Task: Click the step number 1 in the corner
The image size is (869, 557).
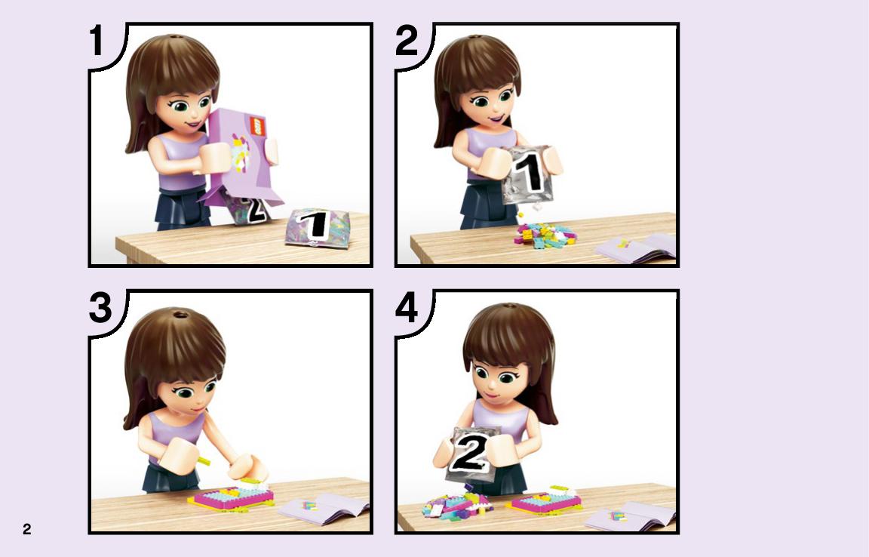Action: pos(97,41)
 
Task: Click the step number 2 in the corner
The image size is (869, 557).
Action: pos(407,41)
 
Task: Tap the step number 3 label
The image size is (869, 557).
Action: pos(100,308)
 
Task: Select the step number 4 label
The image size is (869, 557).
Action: pos(407,308)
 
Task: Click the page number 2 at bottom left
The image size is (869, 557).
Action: pos(26,529)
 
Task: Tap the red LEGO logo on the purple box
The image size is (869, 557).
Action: pos(257,126)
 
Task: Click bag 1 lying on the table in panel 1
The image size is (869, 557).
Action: pos(318,227)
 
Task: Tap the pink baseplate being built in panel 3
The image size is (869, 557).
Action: pos(233,497)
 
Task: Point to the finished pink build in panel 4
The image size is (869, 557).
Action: pos(545,500)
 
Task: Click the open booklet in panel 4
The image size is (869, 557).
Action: pos(631,519)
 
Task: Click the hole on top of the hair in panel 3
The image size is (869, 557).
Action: pos(180,315)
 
